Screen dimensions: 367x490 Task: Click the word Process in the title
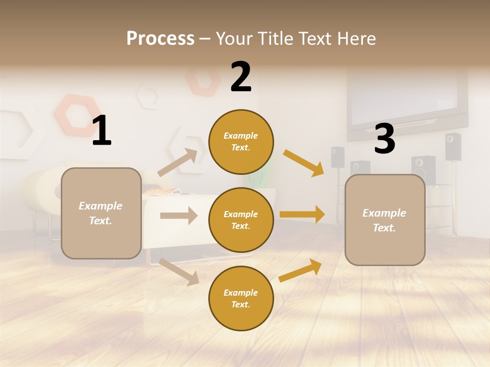click(160, 39)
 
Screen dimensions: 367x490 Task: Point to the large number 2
click(241, 77)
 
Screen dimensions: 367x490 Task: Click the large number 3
click(384, 139)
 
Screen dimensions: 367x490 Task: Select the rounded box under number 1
click(101, 213)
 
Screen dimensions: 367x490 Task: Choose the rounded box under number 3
click(385, 220)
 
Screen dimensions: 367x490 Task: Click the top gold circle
click(241, 142)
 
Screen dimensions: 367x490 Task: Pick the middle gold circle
click(241, 220)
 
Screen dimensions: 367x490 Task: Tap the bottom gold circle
click(241, 298)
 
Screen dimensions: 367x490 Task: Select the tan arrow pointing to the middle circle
click(179, 216)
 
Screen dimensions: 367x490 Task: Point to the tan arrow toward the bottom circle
click(179, 272)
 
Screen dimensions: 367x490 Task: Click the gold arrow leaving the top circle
click(304, 163)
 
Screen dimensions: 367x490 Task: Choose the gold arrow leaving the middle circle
click(302, 215)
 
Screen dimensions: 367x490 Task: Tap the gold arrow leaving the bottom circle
click(300, 270)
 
